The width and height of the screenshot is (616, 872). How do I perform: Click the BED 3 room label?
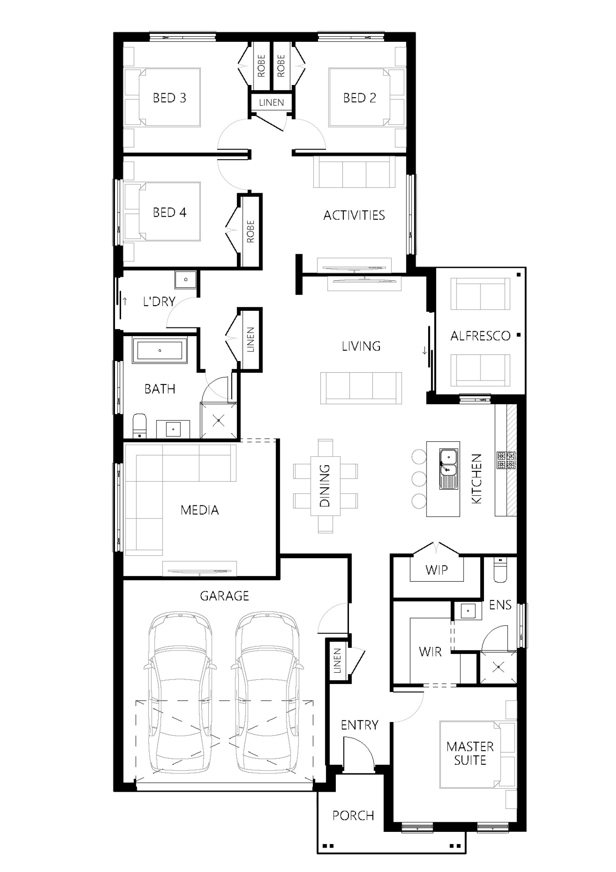pos(169,98)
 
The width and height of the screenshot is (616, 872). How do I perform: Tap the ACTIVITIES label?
pos(354,215)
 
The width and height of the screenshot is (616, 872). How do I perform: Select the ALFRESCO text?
pos(480,336)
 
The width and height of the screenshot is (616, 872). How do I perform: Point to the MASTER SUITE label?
pos(470,753)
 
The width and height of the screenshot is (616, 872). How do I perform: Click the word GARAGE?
pos(224,596)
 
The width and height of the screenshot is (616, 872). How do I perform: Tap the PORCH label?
pos(353,816)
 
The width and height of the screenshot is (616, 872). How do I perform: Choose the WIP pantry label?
pos(437,570)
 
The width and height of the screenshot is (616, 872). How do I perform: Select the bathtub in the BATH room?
pos(160,350)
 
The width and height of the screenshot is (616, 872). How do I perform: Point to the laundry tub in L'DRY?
pos(186,279)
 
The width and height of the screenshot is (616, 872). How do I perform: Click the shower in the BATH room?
pos(219,421)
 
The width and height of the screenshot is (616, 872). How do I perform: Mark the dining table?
pos(325,486)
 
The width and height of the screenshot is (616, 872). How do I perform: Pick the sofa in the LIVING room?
pos(361,388)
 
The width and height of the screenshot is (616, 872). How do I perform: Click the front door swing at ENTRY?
pos(359,755)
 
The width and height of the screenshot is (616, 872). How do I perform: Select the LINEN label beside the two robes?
pos(271,103)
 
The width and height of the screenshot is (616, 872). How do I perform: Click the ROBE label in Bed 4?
pos(250,232)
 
